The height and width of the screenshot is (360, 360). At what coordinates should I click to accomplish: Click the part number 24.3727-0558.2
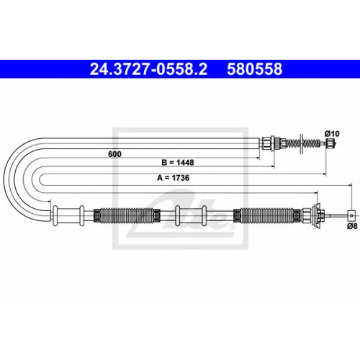[148, 69]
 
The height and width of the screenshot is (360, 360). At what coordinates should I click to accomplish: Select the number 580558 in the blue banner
[254, 69]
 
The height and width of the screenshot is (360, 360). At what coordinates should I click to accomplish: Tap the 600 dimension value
[114, 154]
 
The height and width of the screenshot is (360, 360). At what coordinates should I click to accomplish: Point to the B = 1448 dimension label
[178, 163]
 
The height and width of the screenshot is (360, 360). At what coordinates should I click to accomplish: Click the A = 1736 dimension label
[173, 178]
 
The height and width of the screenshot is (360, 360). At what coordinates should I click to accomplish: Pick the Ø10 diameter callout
[332, 134]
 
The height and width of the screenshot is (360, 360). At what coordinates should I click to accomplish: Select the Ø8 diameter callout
[352, 226]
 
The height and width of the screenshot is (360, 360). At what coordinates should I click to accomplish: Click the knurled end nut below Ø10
[329, 143]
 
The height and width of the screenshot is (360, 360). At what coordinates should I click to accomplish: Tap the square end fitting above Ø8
[351, 215]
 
